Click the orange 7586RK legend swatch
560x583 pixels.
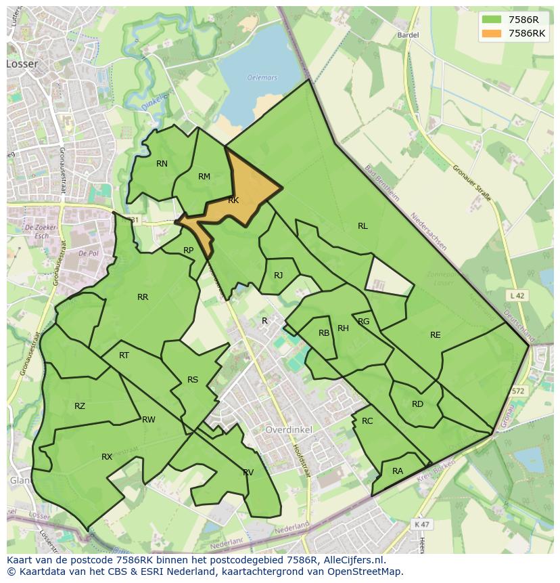(x=492, y=33)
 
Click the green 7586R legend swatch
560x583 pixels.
(x=492, y=20)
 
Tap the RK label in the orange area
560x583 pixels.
(x=233, y=200)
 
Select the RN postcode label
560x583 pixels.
(x=162, y=164)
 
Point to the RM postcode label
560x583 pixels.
(x=204, y=177)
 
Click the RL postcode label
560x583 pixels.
(x=363, y=226)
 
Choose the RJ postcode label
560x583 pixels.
(x=278, y=276)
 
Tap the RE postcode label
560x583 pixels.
(x=435, y=335)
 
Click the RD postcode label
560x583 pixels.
(x=417, y=404)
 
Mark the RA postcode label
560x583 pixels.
(x=398, y=471)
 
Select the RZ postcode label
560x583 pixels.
(x=80, y=406)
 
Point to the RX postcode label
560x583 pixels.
(x=107, y=457)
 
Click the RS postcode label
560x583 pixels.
(x=193, y=380)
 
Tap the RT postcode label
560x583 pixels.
(x=124, y=355)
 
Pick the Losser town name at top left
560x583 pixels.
(x=22, y=64)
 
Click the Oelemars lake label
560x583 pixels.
(x=262, y=78)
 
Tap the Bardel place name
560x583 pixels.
(x=409, y=35)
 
